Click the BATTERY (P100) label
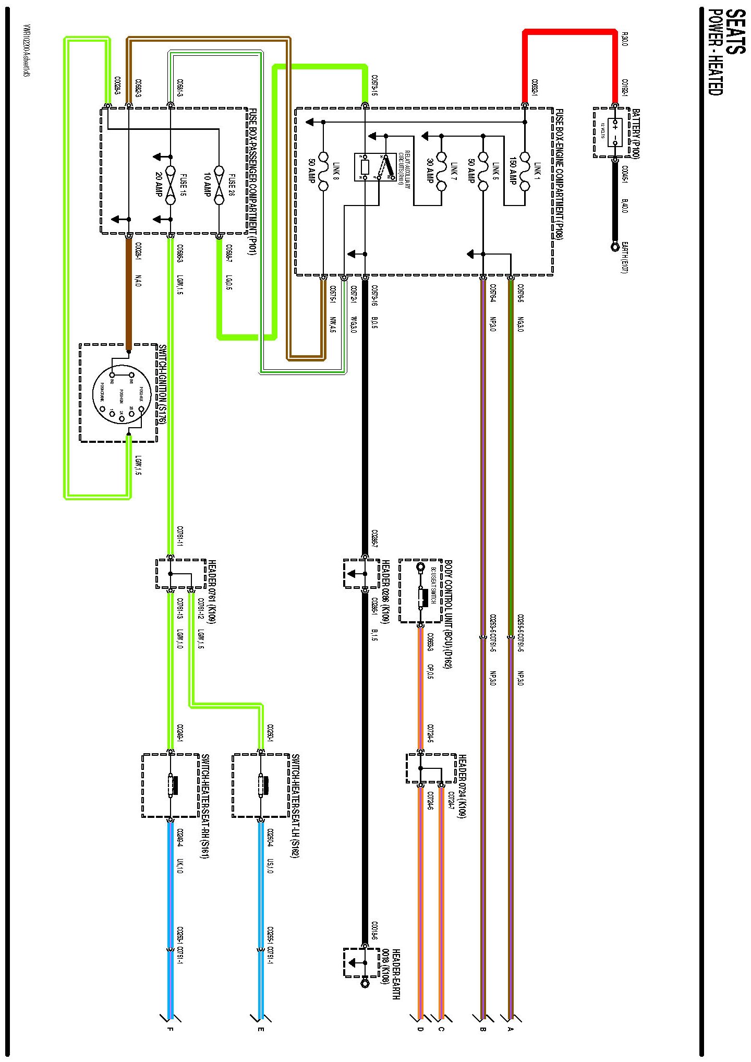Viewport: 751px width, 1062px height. tap(636, 134)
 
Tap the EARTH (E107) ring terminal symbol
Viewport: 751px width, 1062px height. tap(615, 246)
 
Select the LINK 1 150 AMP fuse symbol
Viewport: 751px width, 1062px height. tap(525, 171)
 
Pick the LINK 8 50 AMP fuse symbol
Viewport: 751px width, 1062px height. tap(323, 171)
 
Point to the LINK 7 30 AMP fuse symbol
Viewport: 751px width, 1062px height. tap(441, 171)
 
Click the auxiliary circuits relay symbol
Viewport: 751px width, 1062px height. tap(374, 167)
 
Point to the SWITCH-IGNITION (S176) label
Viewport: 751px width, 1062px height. tap(162, 384)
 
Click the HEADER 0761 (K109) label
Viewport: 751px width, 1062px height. tap(212, 592)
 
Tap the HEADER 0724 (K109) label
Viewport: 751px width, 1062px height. tap(462, 786)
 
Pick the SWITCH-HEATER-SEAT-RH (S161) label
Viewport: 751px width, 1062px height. tap(205, 805)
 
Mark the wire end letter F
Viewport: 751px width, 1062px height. tap(169, 1029)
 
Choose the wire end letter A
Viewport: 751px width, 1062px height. tap(510, 1029)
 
